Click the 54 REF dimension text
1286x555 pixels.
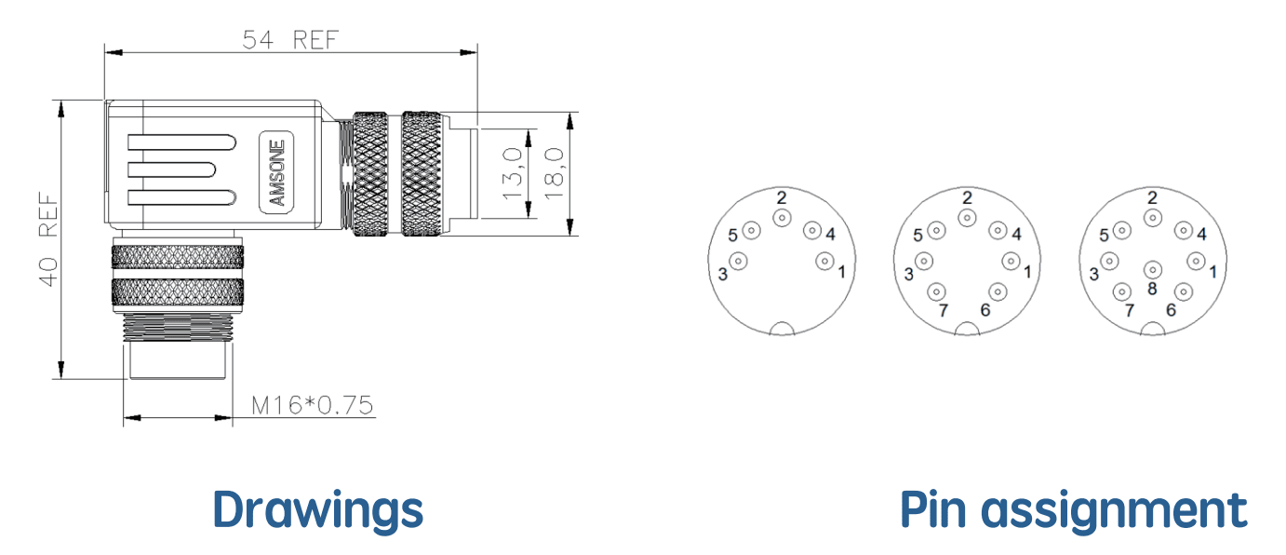pos(290,40)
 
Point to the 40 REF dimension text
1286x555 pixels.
pos(48,239)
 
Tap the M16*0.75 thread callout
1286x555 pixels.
pos(313,405)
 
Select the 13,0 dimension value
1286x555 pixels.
pos(512,174)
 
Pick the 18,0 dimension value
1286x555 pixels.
pos(554,174)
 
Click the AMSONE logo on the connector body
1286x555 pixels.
pos(276,172)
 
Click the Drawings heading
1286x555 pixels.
pos(318,510)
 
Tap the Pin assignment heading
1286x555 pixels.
pos(1074,510)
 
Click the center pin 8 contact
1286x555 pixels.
pos(1152,269)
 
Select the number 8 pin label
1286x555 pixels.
pos(1152,289)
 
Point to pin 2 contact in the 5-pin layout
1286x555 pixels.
pos(782,218)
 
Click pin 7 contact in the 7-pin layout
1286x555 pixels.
pos(936,291)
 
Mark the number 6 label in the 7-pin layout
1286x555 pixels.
pos(985,310)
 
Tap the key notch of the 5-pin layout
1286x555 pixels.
pos(782,330)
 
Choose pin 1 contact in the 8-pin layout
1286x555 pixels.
pos(1197,262)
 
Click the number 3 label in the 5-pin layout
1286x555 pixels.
pos(723,275)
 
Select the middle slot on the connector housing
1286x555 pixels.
pos(171,169)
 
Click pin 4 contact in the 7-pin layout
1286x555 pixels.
pos(998,230)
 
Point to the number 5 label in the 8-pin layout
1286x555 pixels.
pos(1104,236)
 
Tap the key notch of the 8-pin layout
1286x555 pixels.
pos(1152,330)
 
